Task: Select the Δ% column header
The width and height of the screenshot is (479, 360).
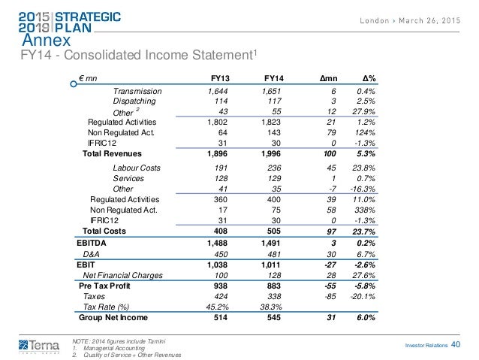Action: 369,77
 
